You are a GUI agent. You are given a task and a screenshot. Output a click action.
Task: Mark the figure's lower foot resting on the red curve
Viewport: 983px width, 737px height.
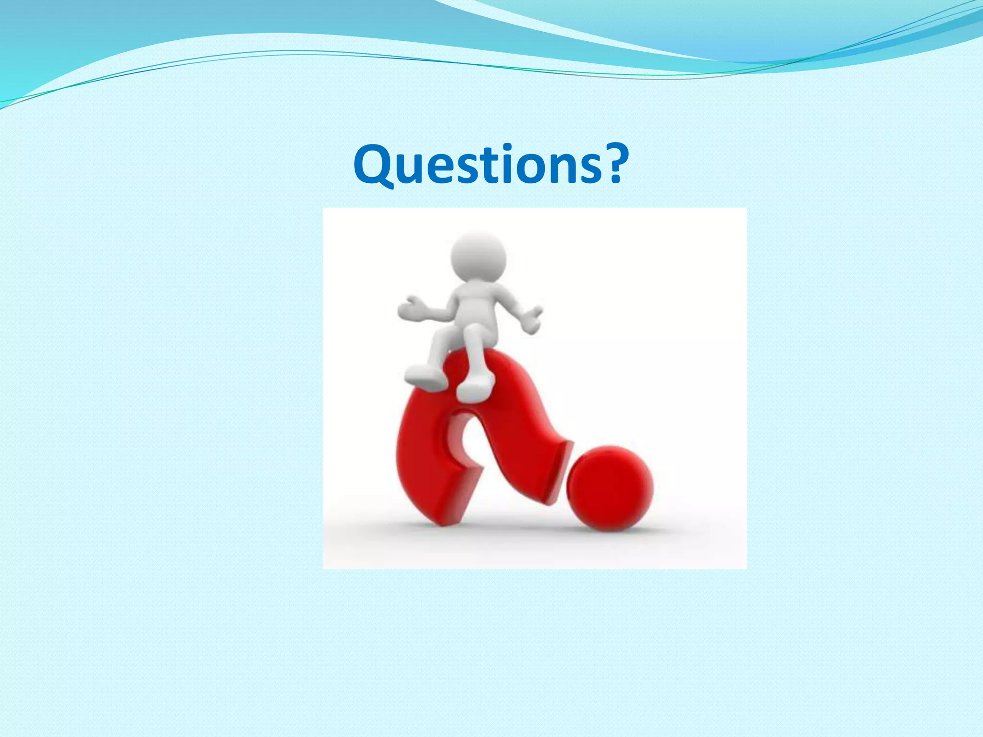tap(474, 389)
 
